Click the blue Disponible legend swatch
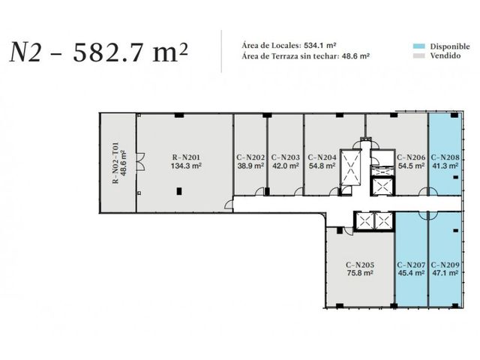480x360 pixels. click(419, 46)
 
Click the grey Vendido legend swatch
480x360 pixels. click(419, 55)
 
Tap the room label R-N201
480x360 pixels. click(186, 157)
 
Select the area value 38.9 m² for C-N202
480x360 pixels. click(250, 166)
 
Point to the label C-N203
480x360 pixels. click(285, 157)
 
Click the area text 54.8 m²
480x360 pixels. click(322, 166)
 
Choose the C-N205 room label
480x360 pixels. click(360, 265)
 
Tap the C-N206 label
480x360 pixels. click(411, 157)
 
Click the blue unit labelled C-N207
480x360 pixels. click(411, 259)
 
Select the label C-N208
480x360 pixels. click(445, 157)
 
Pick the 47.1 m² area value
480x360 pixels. click(445, 273)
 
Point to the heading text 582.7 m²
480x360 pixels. click(130, 52)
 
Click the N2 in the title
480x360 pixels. click(25, 52)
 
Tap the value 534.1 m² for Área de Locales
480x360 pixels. click(320, 46)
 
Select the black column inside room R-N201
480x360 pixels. click(179, 191)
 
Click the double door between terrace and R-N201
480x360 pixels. click(140, 162)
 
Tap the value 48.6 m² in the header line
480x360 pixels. click(355, 56)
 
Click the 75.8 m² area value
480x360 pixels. click(360, 273)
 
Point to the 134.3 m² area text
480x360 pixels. click(186, 166)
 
